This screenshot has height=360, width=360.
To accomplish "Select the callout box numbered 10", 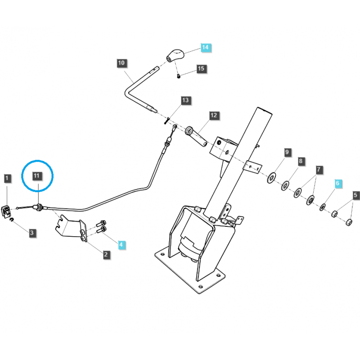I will pos(122,63).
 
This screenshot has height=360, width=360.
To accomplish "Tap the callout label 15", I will pos(201,69).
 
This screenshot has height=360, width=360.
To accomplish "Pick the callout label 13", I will pos(186,100).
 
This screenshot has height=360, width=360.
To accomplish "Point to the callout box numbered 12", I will pos(213,116).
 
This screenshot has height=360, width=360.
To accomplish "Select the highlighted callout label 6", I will pos(338,184).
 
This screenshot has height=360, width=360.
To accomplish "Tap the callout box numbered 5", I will pos(355,195).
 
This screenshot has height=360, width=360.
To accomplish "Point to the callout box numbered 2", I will pos(106,255).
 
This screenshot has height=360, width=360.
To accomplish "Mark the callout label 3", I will pos(32,233).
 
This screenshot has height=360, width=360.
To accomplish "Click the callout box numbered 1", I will pos(7,179).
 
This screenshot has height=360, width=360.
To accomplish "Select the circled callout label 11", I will pos(37,175).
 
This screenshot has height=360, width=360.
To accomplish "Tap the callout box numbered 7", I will pos(319,170).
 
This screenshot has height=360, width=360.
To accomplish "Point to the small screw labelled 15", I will pos(179,76).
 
